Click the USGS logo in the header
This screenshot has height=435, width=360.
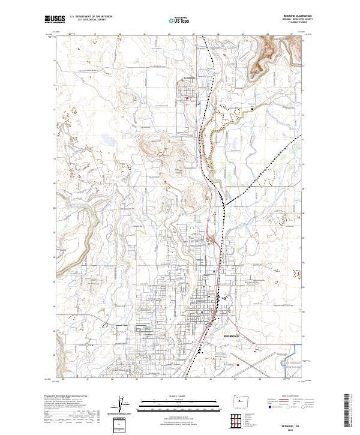pos(55,20)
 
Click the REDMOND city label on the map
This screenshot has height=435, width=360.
pos(232,337)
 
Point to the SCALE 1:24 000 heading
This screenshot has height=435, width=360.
pos(181,397)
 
